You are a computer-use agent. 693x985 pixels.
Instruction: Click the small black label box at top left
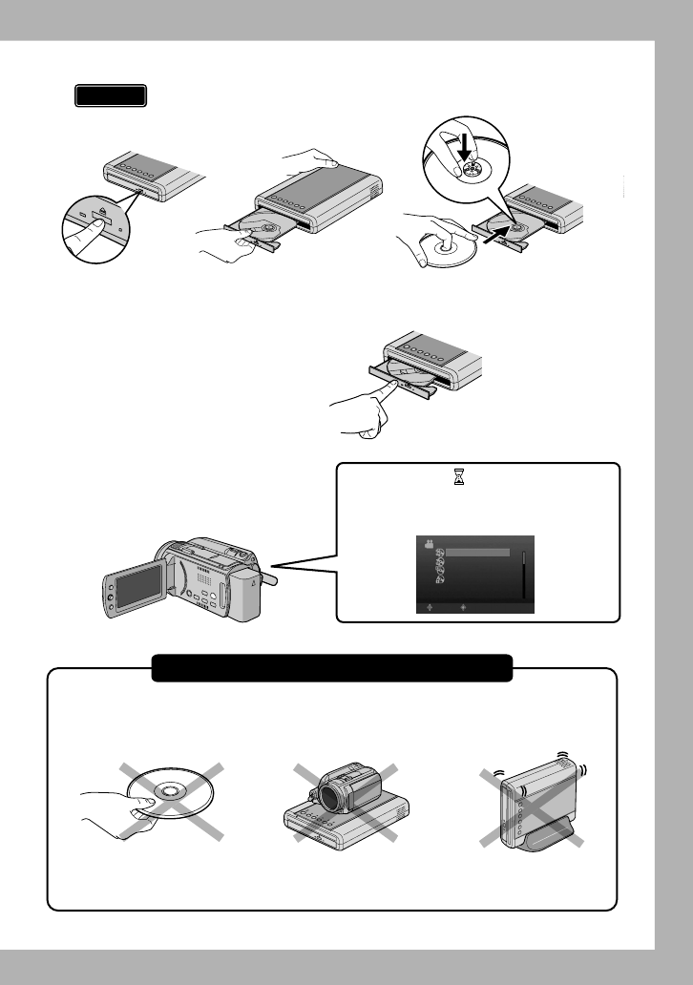point(111,95)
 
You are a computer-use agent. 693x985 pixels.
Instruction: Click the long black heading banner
point(333,668)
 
